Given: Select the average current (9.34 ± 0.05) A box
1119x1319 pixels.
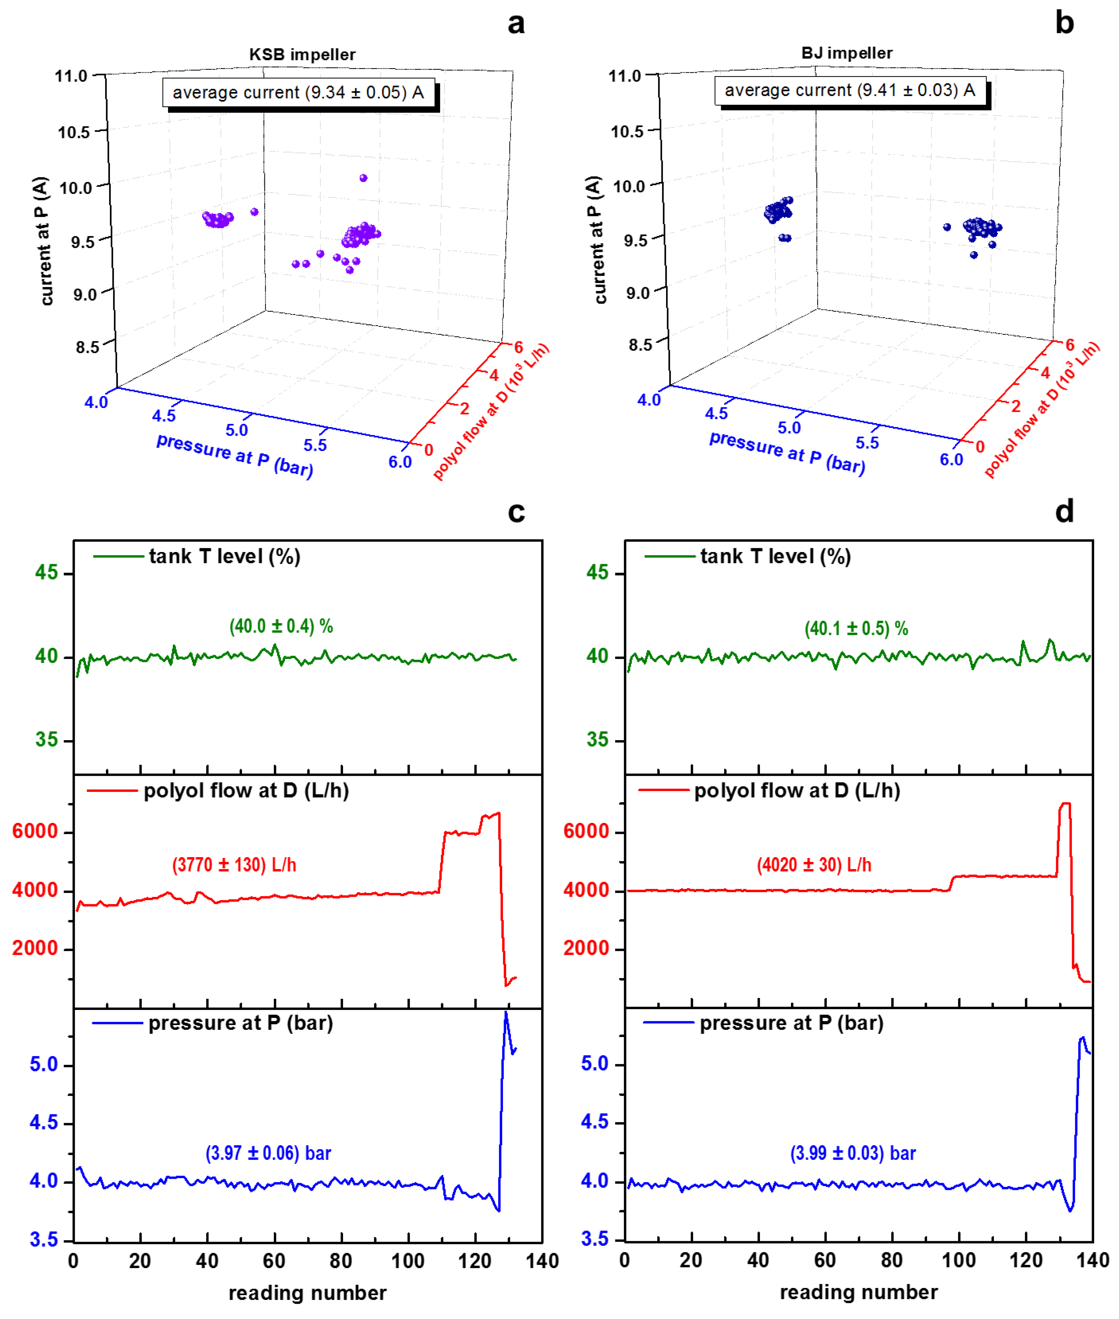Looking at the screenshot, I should (299, 93).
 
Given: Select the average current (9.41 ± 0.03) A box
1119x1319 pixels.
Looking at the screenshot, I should (850, 90).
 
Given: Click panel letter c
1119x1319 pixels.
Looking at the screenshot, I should (516, 512).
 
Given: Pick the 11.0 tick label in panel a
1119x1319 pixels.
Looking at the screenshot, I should (71, 76).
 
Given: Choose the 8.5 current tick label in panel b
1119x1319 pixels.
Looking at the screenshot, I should (640, 345).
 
